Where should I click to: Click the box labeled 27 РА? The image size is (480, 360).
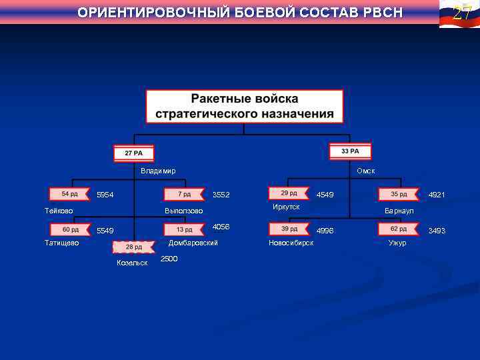(133, 153)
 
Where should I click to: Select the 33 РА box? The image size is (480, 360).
(350, 151)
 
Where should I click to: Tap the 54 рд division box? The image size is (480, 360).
(69, 194)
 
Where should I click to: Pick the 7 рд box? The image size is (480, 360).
(185, 194)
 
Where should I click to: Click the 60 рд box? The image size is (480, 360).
(70, 230)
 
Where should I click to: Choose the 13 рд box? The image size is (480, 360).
(185, 230)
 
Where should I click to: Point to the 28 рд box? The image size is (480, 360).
(133, 247)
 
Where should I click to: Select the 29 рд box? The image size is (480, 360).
(289, 193)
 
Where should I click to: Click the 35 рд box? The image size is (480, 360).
(399, 194)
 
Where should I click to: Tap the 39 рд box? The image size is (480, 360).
(289, 229)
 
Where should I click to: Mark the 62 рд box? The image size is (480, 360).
(399, 229)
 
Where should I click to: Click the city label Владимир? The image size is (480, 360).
(158, 171)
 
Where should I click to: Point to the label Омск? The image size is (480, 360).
(365, 171)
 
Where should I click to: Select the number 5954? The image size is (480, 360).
(105, 195)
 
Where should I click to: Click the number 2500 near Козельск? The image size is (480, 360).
(169, 259)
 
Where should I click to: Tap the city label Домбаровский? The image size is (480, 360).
(193, 243)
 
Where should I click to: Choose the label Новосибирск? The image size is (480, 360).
(291, 243)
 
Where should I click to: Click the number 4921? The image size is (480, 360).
(437, 195)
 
